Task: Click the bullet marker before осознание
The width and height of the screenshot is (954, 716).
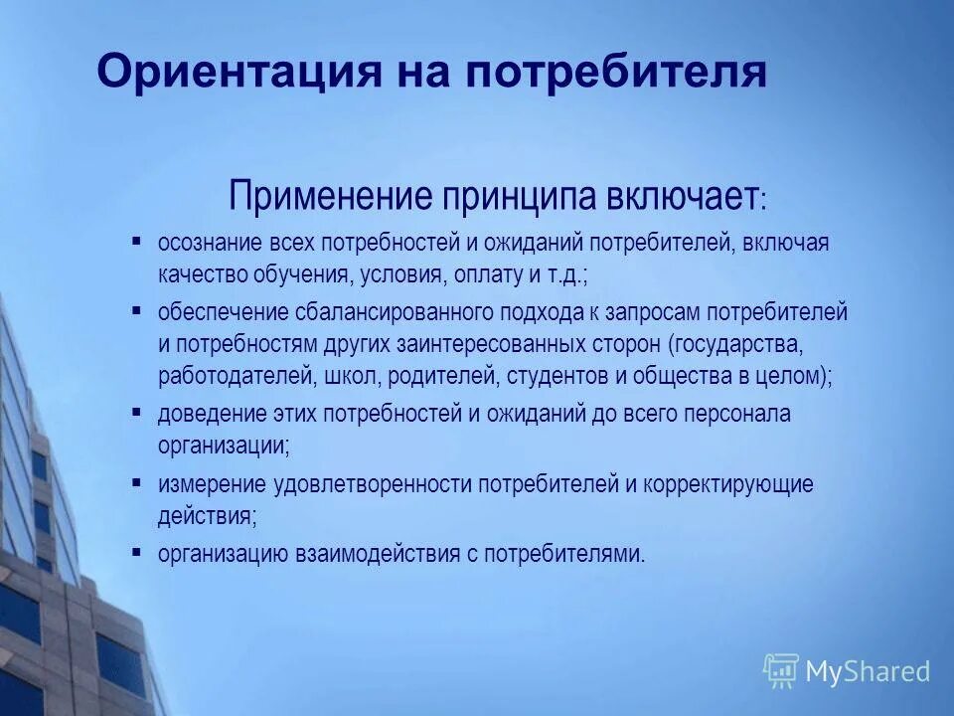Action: [136, 242]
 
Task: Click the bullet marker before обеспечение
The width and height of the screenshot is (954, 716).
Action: [136, 311]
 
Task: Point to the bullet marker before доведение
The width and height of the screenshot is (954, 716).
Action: [136, 412]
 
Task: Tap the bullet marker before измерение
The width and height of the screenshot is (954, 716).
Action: [136, 482]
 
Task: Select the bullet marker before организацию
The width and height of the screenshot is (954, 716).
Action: [136, 552]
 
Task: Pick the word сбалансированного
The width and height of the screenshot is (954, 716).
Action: [400, 313]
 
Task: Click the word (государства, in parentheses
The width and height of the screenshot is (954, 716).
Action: [735, 345]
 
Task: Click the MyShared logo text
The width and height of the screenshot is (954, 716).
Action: [868, 672]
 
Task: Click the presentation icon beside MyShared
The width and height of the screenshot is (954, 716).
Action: [781, 671]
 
